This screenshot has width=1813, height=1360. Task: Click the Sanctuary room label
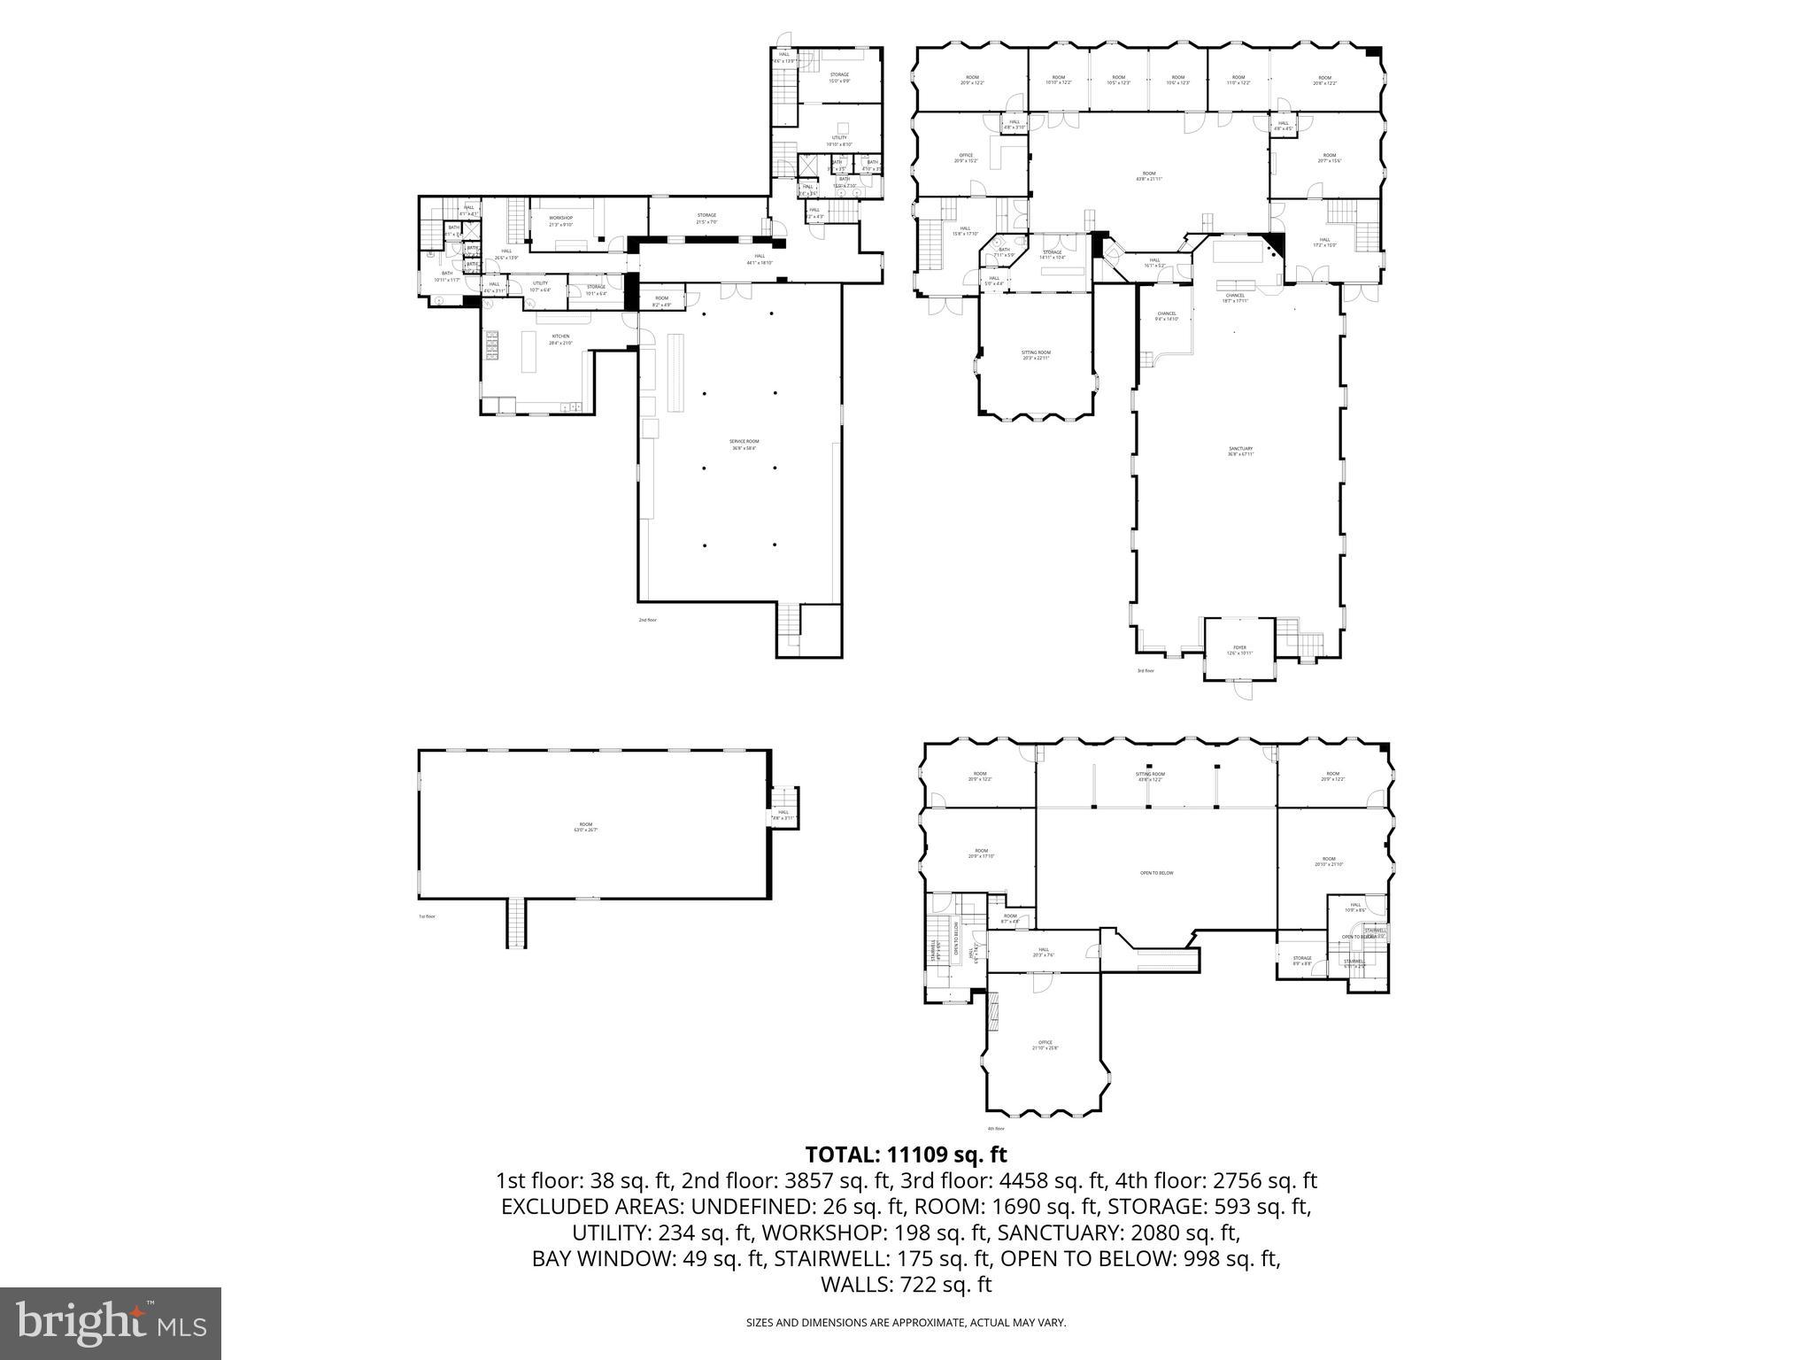point(1240,452)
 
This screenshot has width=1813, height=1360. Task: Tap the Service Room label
point(744,444)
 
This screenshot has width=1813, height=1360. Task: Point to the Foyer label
point(1239,650)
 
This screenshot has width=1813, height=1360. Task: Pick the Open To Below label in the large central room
point(1156,873)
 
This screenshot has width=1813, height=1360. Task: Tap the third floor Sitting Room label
point(1036,354)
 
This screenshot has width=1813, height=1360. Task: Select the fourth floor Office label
point(1045,1045)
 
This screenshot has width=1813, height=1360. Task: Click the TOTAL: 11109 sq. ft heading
point(906,1155)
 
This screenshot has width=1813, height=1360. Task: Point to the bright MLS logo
point(111,1323)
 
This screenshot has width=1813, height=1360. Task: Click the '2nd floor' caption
point(648,620)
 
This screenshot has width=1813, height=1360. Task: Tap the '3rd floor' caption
point(1146,670)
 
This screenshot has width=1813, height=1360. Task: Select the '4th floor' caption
point(996,1128)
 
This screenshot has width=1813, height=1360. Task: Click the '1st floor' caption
point(428,916)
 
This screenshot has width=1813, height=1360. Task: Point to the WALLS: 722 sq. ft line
point(906,1285)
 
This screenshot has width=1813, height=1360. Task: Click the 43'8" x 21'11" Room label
point(1149,176)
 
